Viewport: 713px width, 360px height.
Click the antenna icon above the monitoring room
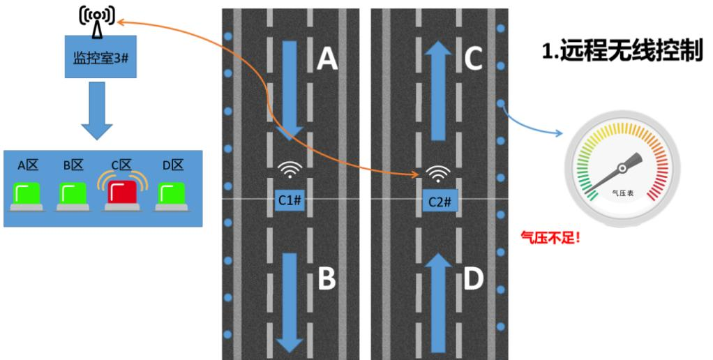click(x=96, y=19)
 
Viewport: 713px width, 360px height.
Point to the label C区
click(x=121, y=166)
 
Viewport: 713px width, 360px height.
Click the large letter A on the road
click(x=327, y=60)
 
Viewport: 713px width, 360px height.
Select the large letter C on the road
click(x=473, y=60)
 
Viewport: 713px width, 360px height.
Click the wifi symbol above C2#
click(x=437, y=172)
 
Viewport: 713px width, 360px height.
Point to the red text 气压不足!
click(x=551, y=237)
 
